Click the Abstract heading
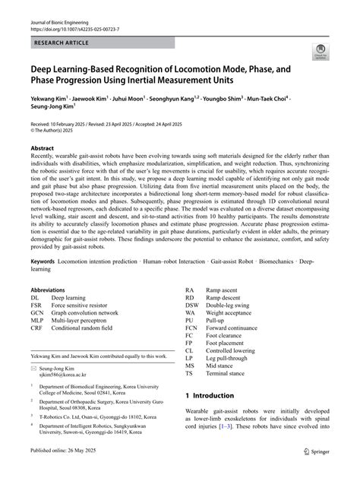[43, 148]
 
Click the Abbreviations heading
[52, 290]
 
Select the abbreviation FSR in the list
[37, 305]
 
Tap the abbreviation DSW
[191, 305]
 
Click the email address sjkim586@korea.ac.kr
[64, 374]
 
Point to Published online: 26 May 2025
[68, 470]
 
